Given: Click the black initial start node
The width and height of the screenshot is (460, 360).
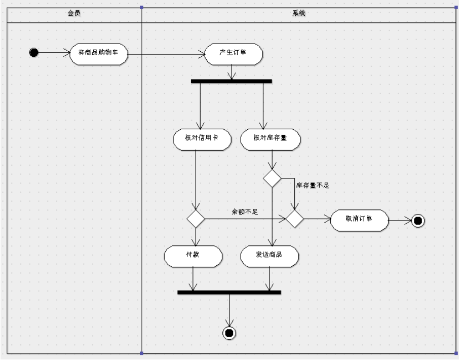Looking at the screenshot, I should pos(34,52).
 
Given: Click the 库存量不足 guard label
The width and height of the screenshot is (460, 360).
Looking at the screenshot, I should pos(313,186).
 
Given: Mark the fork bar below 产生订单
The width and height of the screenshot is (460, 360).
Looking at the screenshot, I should pos(232,81).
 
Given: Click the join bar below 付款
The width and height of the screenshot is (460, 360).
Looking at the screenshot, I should pos(229,292).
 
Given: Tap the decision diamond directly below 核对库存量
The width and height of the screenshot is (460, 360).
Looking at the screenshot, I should pos(272,178).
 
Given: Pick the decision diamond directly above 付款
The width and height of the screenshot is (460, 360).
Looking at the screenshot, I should pos(196,220).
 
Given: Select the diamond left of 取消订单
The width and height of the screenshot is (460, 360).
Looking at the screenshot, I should pos(294,220).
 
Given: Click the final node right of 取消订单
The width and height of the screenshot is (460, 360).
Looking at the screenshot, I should pos(417,221).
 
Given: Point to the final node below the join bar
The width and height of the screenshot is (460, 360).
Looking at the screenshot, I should pos(229,333).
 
